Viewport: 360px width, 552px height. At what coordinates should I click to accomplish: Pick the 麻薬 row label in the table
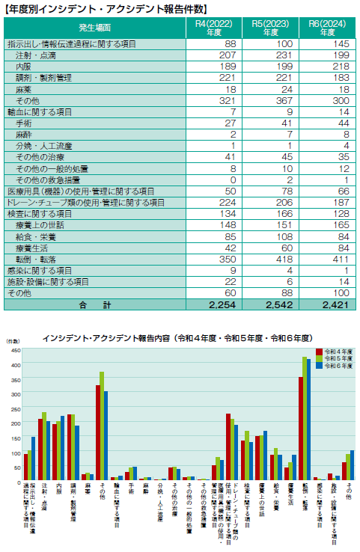click(x=23, y=89)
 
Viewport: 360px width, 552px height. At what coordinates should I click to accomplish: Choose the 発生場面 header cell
click(x=94, y=28)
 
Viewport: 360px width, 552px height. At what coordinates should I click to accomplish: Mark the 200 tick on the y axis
click(x=16, y=422)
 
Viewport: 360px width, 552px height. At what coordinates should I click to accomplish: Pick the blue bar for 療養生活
click(x=294, y=467)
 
